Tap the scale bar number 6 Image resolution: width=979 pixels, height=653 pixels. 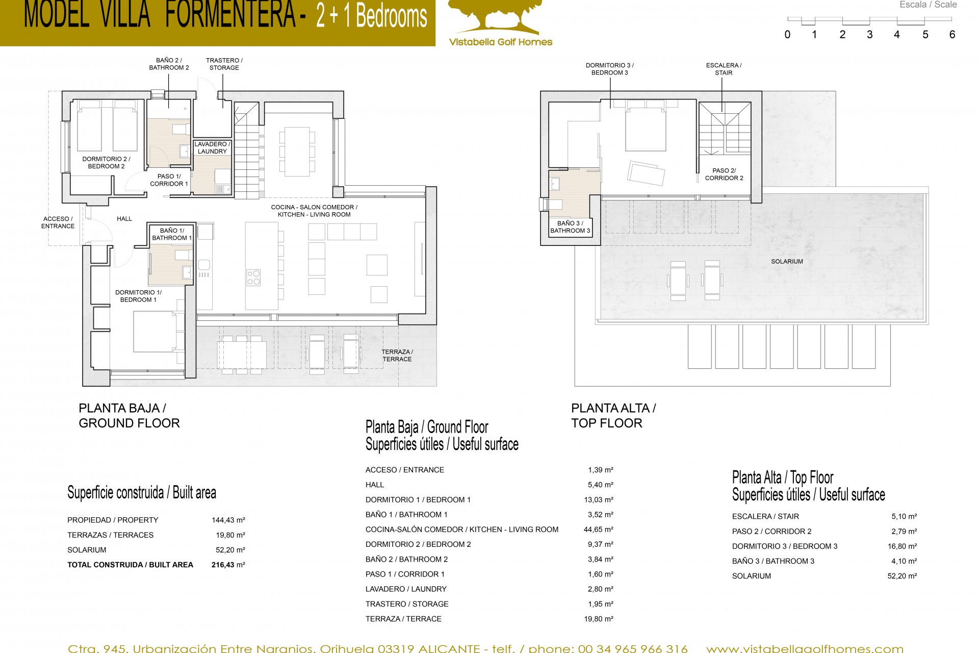pos(952,35)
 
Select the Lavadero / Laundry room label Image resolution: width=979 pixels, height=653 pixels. pos(212,148)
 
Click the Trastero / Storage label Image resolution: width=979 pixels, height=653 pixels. pos(224,64)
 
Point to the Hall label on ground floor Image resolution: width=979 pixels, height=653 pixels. pos(124,219)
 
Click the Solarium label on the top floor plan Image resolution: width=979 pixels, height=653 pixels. pos(787,261)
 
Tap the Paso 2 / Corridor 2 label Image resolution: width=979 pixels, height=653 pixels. pos(724,174)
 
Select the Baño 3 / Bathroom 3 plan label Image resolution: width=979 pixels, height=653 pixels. pos(570,227)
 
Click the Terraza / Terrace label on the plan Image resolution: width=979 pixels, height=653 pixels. pos(397,356)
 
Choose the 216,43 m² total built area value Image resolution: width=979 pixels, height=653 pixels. pos(228,565)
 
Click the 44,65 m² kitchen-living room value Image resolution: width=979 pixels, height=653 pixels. pos(599,530)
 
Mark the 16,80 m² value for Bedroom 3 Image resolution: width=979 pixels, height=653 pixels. pos(902,546)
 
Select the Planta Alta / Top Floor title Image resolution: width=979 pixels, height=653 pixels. pos(613,415)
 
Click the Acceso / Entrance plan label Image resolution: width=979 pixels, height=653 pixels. pos(58,222)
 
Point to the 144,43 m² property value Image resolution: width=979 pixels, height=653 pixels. pos(228,520)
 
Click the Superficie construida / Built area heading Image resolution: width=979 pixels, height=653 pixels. pos(142,493)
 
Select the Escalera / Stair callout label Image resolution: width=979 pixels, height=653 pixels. pos(724,69)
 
